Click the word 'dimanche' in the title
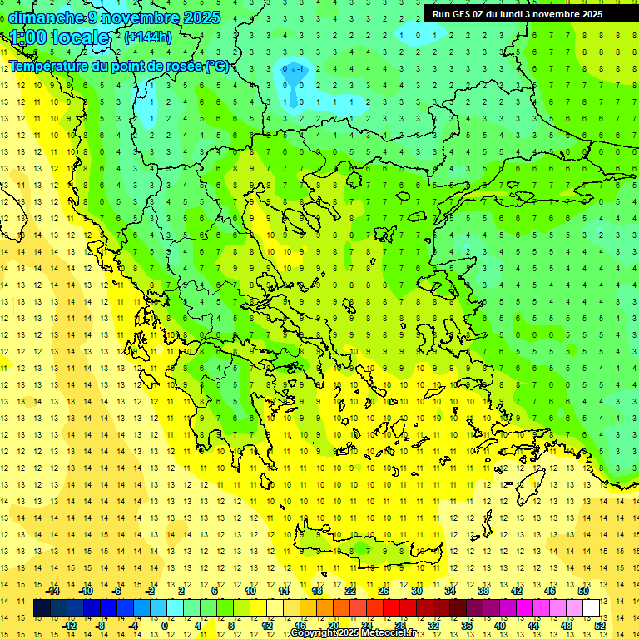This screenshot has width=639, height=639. tap(46, 17)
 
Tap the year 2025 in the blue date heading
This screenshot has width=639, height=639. tap(201, 17)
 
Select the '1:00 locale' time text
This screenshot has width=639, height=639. tap(60, 37)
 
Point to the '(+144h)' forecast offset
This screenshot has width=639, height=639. tap(147, 37)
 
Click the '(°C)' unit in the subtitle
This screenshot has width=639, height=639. tap(217, 67)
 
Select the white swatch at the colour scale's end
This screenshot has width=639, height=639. tap(592, 608)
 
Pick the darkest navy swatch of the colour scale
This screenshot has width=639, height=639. tap(42, 608)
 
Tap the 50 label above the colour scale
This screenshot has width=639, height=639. tap(582, 591)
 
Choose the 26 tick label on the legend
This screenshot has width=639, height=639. tap(384, 591)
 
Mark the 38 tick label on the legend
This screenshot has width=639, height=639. tap(483, 591)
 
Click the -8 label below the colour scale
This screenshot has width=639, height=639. tap(101, 626)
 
